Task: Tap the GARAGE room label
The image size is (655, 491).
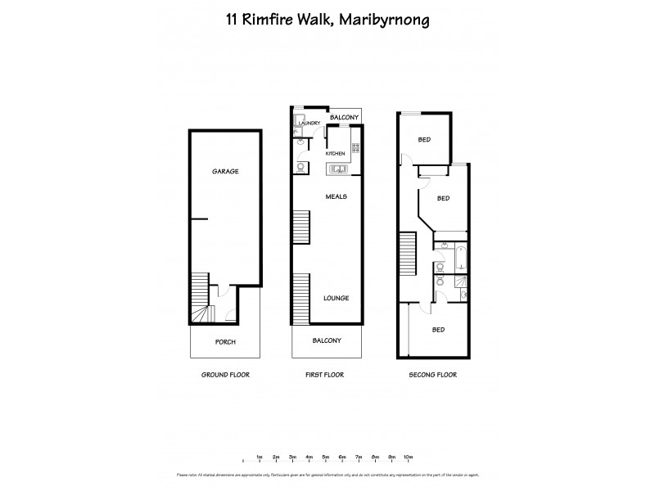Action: click(x=225, y=171)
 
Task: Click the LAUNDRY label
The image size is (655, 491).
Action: click(x=309, y=124)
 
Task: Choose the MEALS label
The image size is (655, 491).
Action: click(x=337, y=196)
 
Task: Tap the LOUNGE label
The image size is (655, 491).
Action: click(x=337, y=298)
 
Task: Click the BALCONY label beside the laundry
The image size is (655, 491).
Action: click(x=344, y=118)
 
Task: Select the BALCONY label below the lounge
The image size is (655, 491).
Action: click(x=327, y=340)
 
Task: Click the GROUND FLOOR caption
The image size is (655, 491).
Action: click(x=225, y=374)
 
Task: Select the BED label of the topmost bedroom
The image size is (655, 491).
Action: click(x=424, y=140)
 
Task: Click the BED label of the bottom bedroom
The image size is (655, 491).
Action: click(x=439, y=330)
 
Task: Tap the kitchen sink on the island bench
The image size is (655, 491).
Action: click(x=337, y=169)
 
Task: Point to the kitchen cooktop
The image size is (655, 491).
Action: click(x=356, y=149)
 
